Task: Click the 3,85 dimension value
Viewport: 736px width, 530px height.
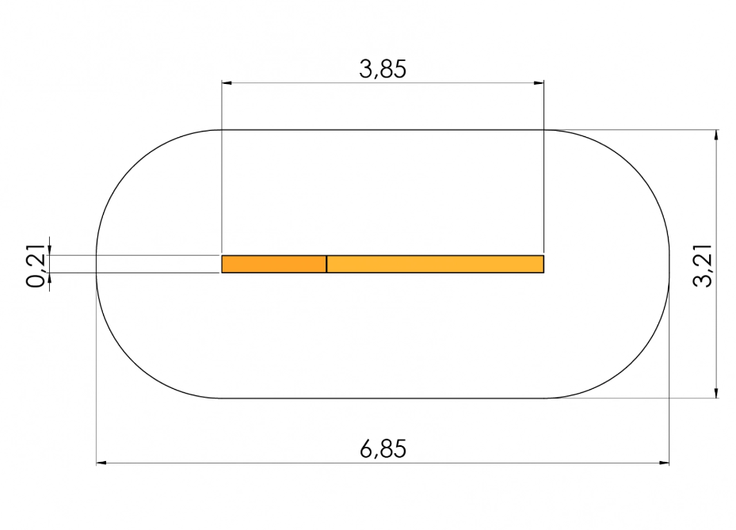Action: pyautogui.click(x=383, y=69)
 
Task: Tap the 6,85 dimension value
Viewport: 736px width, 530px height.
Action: pyautogui.click(x=383, y=449)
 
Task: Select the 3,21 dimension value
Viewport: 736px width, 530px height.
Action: pyautogui.click(x=704, y=265)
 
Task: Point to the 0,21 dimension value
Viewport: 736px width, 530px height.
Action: pyautogui.click(x=36, y=265)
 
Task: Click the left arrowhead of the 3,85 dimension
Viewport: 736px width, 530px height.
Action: pyautogui.click(x=227, y=83)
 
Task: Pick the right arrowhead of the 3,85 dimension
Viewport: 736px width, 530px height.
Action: pyautogui.click(x=539, y=83)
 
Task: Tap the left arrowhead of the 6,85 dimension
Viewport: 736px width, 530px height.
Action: pyautogui.click(x=101, y=463)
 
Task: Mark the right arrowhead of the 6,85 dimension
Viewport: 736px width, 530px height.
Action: pyautogui.click(x=664, y=463)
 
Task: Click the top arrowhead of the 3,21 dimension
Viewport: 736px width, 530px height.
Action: pyautogui.click(x=716, y=135)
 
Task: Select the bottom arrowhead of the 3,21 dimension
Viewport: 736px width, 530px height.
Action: pyautogui.click(x=716, y=393)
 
